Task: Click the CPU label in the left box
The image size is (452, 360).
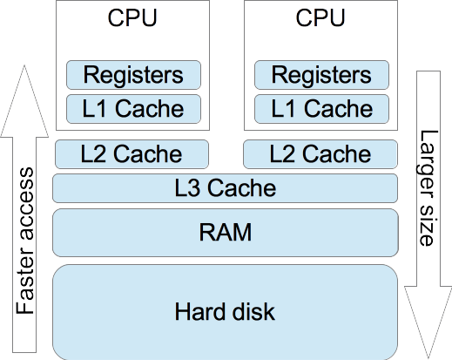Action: [x=132, y=18]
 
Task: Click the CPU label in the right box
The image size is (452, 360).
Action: [x=320, y=18]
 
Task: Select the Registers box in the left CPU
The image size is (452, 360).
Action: [x=133, y=75]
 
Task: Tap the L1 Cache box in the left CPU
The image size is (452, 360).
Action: [x=133, y=109]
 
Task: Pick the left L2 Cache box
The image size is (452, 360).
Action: [x=132, y=154]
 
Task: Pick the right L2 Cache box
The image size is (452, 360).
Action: [x=320, y=154]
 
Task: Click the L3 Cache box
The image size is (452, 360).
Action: [x=226, y=187]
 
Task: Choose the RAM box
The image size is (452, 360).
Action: [x=226, y=233]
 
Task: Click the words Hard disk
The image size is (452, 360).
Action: [x=226, y=311]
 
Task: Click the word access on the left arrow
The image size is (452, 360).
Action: [x=25, y=201]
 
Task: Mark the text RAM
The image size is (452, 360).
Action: [x=226, y=233]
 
